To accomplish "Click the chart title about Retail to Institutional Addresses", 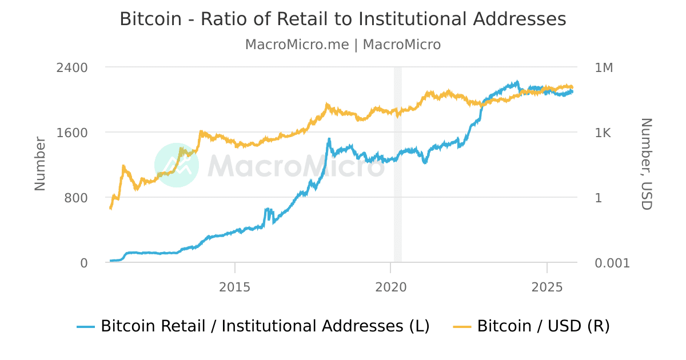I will coord(343,19).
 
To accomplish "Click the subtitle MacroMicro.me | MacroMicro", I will coord(343,45).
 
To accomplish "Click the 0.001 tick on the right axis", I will coord(612,263).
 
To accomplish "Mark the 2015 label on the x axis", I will coord(234,286).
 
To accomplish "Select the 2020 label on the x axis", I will coord(390,286).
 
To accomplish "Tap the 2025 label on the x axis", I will coord(547,286).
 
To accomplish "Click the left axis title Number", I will coord(40,164).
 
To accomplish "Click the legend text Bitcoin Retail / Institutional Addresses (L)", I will coord(265,326).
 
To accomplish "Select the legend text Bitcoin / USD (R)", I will coord(543,326).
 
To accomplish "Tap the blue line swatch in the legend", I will coord(86,327).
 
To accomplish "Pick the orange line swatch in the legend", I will coord(462,327).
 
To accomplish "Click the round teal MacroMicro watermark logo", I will coord(177,165).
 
